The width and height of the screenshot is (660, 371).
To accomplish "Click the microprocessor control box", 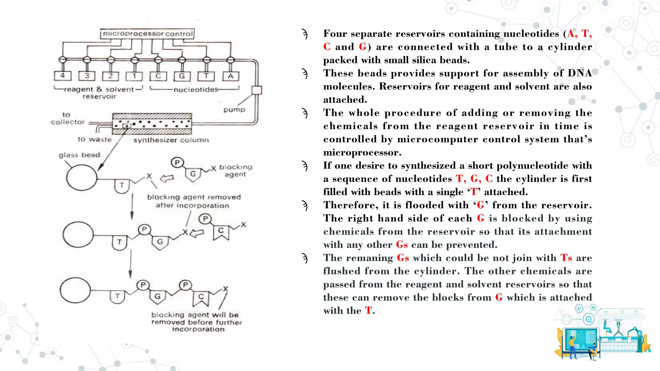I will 148,34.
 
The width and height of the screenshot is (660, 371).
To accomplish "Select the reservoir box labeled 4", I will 63,76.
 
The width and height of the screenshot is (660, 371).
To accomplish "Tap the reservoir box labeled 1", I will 134,76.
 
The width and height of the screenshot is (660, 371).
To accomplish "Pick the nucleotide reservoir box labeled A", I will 231,76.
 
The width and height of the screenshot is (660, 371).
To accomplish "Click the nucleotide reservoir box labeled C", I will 158,76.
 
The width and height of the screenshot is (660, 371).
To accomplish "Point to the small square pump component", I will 257,90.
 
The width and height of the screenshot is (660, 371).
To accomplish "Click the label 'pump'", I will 234,109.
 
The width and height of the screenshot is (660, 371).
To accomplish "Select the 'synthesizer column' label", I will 171,140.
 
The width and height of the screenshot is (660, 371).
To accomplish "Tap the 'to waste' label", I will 94,139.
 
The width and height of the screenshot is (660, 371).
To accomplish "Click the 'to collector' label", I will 68,119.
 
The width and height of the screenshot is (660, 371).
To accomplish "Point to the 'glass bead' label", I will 79,155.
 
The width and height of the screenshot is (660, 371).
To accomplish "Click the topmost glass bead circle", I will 82,177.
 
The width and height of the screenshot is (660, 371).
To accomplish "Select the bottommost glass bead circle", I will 75,290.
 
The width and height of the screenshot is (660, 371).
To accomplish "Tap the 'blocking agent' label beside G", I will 236,171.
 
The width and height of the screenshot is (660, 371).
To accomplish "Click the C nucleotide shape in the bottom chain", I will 201,299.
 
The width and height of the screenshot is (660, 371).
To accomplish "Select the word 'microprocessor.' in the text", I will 362,152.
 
